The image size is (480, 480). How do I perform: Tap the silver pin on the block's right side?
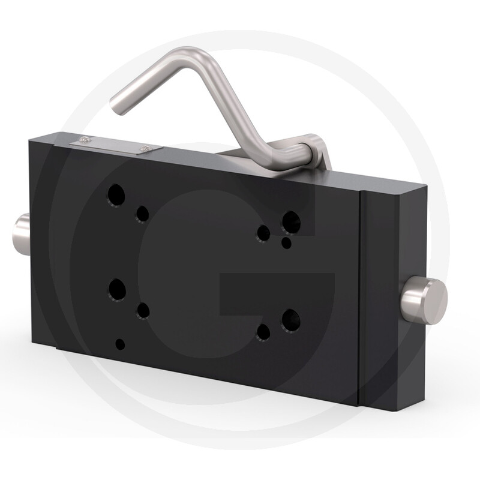point(425,301)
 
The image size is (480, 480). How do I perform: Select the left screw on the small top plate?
point(85,140)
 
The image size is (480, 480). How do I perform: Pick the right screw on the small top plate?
point(146,148)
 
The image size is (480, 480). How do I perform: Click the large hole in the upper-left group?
point(116,196)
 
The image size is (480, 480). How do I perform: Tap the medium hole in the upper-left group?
point(142,214)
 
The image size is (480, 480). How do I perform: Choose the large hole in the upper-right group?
point(291,223)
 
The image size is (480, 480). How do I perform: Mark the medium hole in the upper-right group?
point(263,233)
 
